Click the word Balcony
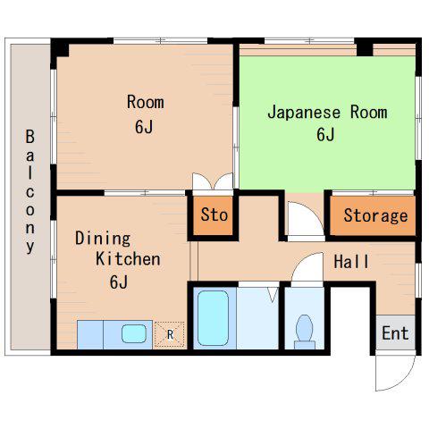click(29, 192)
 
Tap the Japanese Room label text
click(327, 113)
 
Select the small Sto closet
click(213, 215)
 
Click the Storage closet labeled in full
click(373, 215)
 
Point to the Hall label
click(351, 262)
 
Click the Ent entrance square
click(395, 332)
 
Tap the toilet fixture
click(305, 332)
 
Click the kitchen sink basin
click(134, 333)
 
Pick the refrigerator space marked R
click(169, 334)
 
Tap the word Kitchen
click(128, 259)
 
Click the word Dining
click(103, 239)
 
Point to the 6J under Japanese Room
click(325, 135)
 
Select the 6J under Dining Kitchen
click(119, 282)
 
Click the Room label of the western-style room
click(146, 102)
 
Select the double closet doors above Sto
click(213, 181)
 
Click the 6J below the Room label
click(144, 126)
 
